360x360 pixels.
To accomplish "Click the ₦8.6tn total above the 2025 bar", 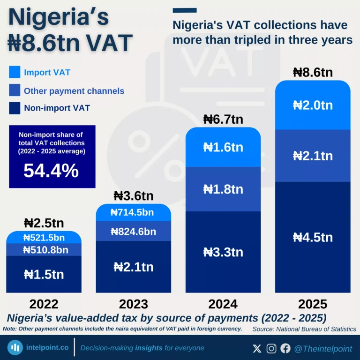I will [x=313, y=73].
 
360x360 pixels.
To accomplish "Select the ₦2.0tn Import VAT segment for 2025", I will [x=313, y=105].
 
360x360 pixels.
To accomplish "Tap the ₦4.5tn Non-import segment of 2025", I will [x=313, y=237].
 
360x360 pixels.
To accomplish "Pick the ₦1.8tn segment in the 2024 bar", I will [x=223, y=189].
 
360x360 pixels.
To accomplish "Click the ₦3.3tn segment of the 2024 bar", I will [x=223, y=252].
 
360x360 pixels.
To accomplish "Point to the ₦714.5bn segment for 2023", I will [x=133, y=212].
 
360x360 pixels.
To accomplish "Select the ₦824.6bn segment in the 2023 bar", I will [x=133, y=231].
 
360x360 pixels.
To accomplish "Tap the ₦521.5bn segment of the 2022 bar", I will [x=44, y=238].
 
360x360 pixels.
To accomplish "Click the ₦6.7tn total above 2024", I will [x=223, y=120].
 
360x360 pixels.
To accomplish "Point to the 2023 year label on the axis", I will [x=133, y=304].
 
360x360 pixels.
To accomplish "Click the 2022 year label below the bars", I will [x=44, y=304].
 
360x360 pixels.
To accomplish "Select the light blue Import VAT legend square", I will [x=15, y=72].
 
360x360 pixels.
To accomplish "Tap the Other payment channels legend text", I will [x=74, y=91].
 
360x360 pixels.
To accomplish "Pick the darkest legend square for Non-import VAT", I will [x=15, y=108].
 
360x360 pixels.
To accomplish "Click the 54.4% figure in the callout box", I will [x=52, y=171].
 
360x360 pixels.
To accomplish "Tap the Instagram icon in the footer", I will [x=271, y=348].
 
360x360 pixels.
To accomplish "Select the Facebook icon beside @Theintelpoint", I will [x=285, y=348].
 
